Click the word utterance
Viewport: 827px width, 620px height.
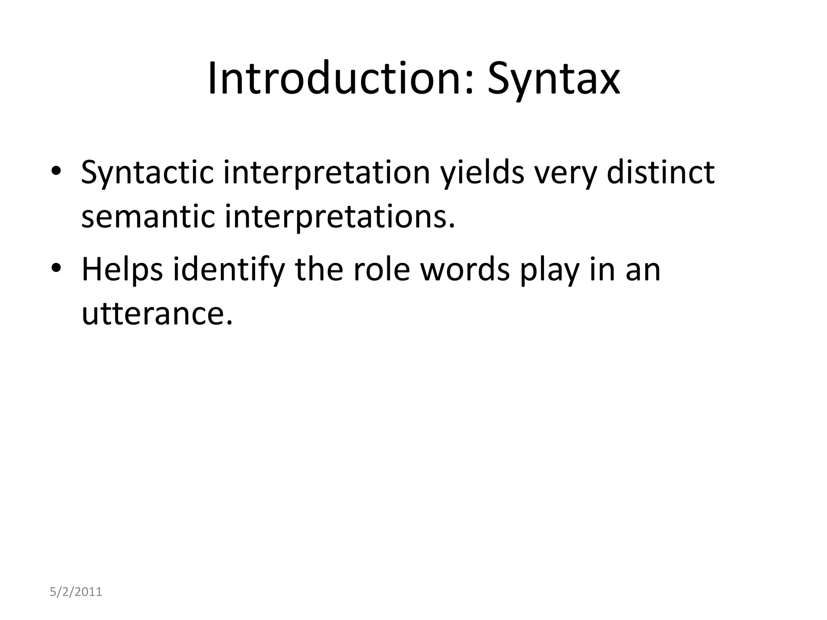point(157,314)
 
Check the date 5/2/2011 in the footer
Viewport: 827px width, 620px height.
point(76,592)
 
